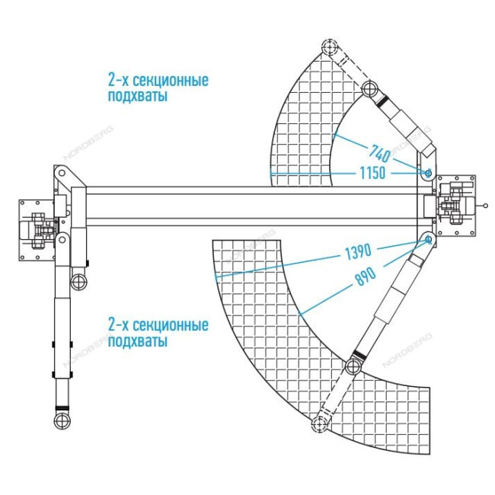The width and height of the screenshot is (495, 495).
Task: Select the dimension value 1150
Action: point(372,174)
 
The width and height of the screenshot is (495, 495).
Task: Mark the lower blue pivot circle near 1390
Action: point(428,241)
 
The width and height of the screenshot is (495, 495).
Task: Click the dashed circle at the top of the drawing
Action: point(329,48)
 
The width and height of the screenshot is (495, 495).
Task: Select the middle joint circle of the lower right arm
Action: point(353,367)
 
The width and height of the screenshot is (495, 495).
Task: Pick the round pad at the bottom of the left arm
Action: point(61,420)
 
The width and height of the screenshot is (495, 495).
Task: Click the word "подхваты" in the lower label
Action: point(137,342)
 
